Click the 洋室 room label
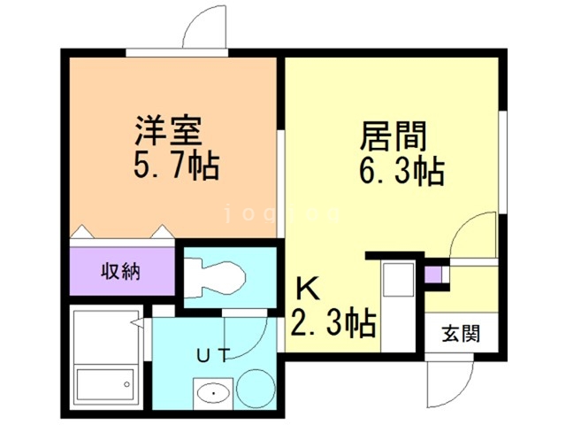pos(168,132)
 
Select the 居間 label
pos(393,136)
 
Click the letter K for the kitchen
pos(305,288)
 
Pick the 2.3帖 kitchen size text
pos(333,321)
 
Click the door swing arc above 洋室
pos(205,27)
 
